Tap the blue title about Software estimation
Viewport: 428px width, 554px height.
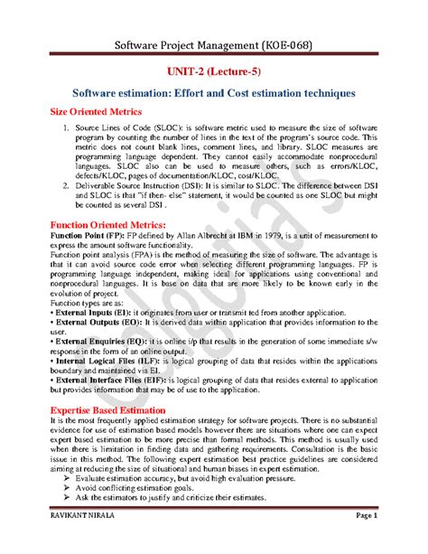214,93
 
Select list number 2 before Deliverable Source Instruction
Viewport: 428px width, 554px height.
65,183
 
